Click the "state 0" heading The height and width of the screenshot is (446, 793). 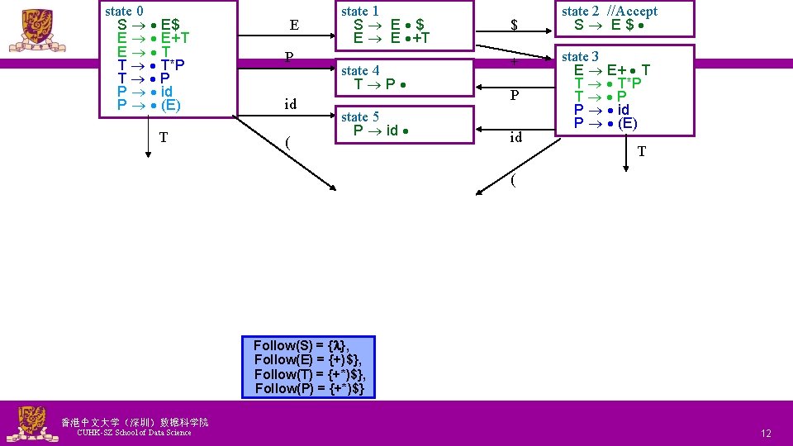(x=125, y=12)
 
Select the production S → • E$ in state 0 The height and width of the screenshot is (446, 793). (x=149, y=25)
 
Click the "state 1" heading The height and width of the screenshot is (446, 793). (x=360, y=12)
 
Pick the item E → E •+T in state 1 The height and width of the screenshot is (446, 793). (x=392, y=38)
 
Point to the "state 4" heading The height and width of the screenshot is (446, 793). (x=360, y=71)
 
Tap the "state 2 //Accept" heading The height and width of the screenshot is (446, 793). (x=610, y=12)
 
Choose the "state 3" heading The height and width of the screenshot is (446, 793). (x=580, y=57)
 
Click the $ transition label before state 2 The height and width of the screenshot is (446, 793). (x=514, y=26)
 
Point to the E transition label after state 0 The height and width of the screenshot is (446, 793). (x=294, y=26)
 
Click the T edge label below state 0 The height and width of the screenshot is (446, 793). (x=164, y=137)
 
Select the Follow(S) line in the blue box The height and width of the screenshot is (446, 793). (x=297, y=346)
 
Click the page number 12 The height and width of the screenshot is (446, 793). (x=766, y=434)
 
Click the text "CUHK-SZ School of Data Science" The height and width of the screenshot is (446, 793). (x=133, y=433)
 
